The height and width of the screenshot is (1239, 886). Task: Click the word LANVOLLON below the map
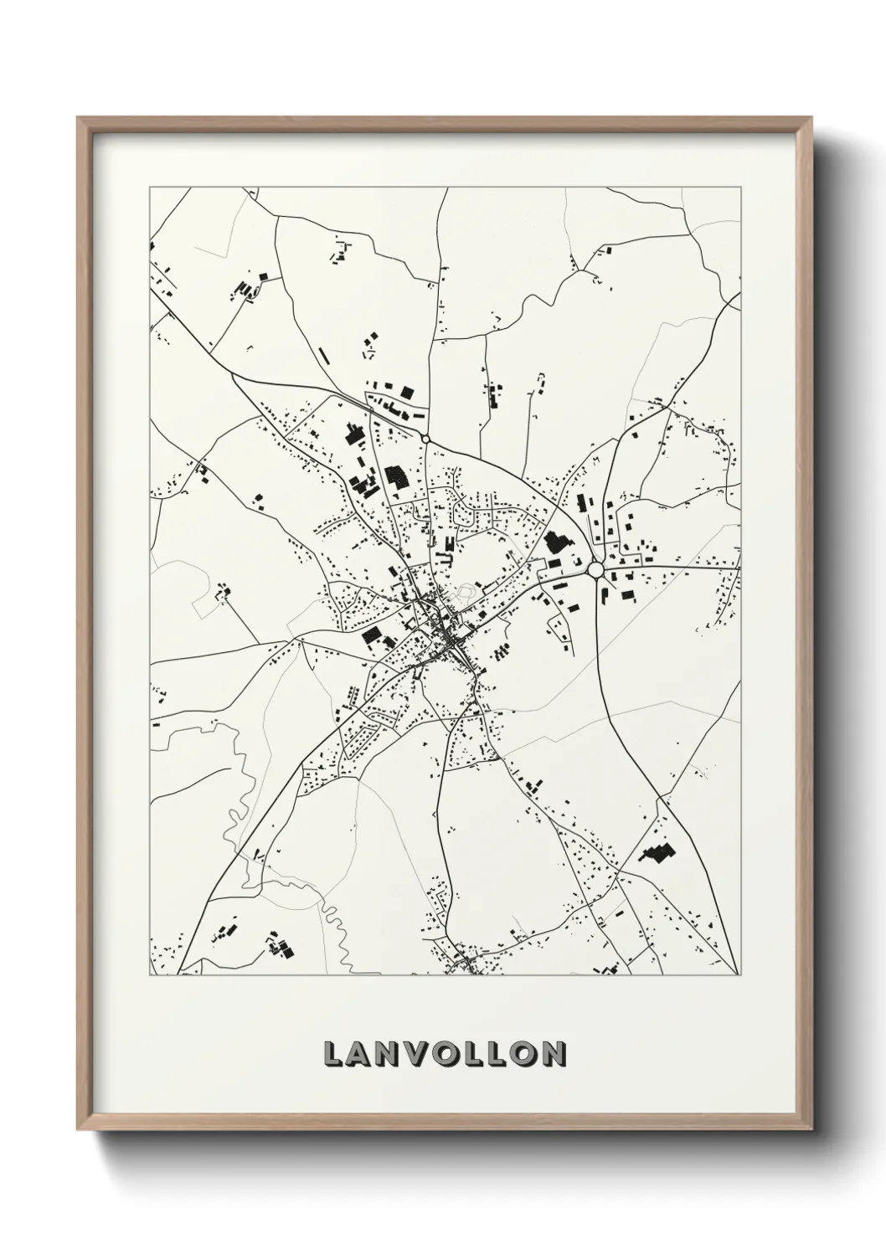pyautogui.click(x=444, y=1054)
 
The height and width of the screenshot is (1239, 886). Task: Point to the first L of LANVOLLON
pyautogui.click(x=332, y=1054)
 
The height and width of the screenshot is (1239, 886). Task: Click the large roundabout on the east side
pyautogui.click(x=596, y=570)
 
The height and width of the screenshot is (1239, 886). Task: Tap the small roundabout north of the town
pyautogui.click(x=426, y=439)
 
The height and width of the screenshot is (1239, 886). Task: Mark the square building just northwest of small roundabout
pyautogui.click(x=409, y=392)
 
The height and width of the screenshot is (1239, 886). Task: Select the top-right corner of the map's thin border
pyautogui.click(x=741, y=188)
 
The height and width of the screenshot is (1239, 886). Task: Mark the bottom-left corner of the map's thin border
pyautogui.click(x=150, y=975)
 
